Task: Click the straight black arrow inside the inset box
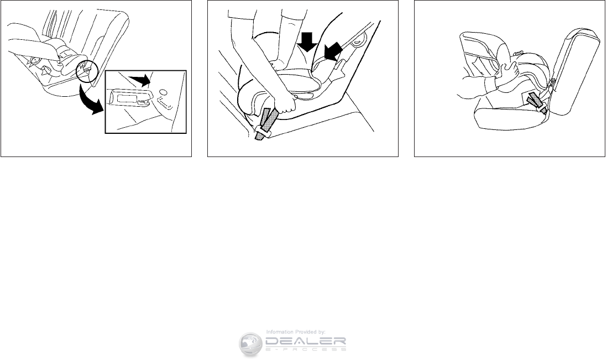(x=140, y=81)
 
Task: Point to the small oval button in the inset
(x=163, y=92)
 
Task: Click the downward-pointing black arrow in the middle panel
(x=308, y=42)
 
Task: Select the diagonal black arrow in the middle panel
(x=333, y=51)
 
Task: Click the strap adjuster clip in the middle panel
(x=264, y=130)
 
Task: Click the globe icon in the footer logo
(x=250, y=344)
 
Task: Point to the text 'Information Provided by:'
(x=296, y=332)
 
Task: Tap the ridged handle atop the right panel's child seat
(x=519, y=52)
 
